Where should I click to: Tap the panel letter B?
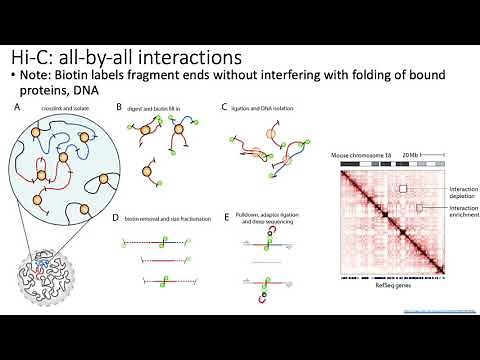point(118,106)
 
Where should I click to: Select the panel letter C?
point(226,106)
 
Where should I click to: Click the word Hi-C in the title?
point(33,56)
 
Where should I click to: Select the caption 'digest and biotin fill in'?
point(154,107)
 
